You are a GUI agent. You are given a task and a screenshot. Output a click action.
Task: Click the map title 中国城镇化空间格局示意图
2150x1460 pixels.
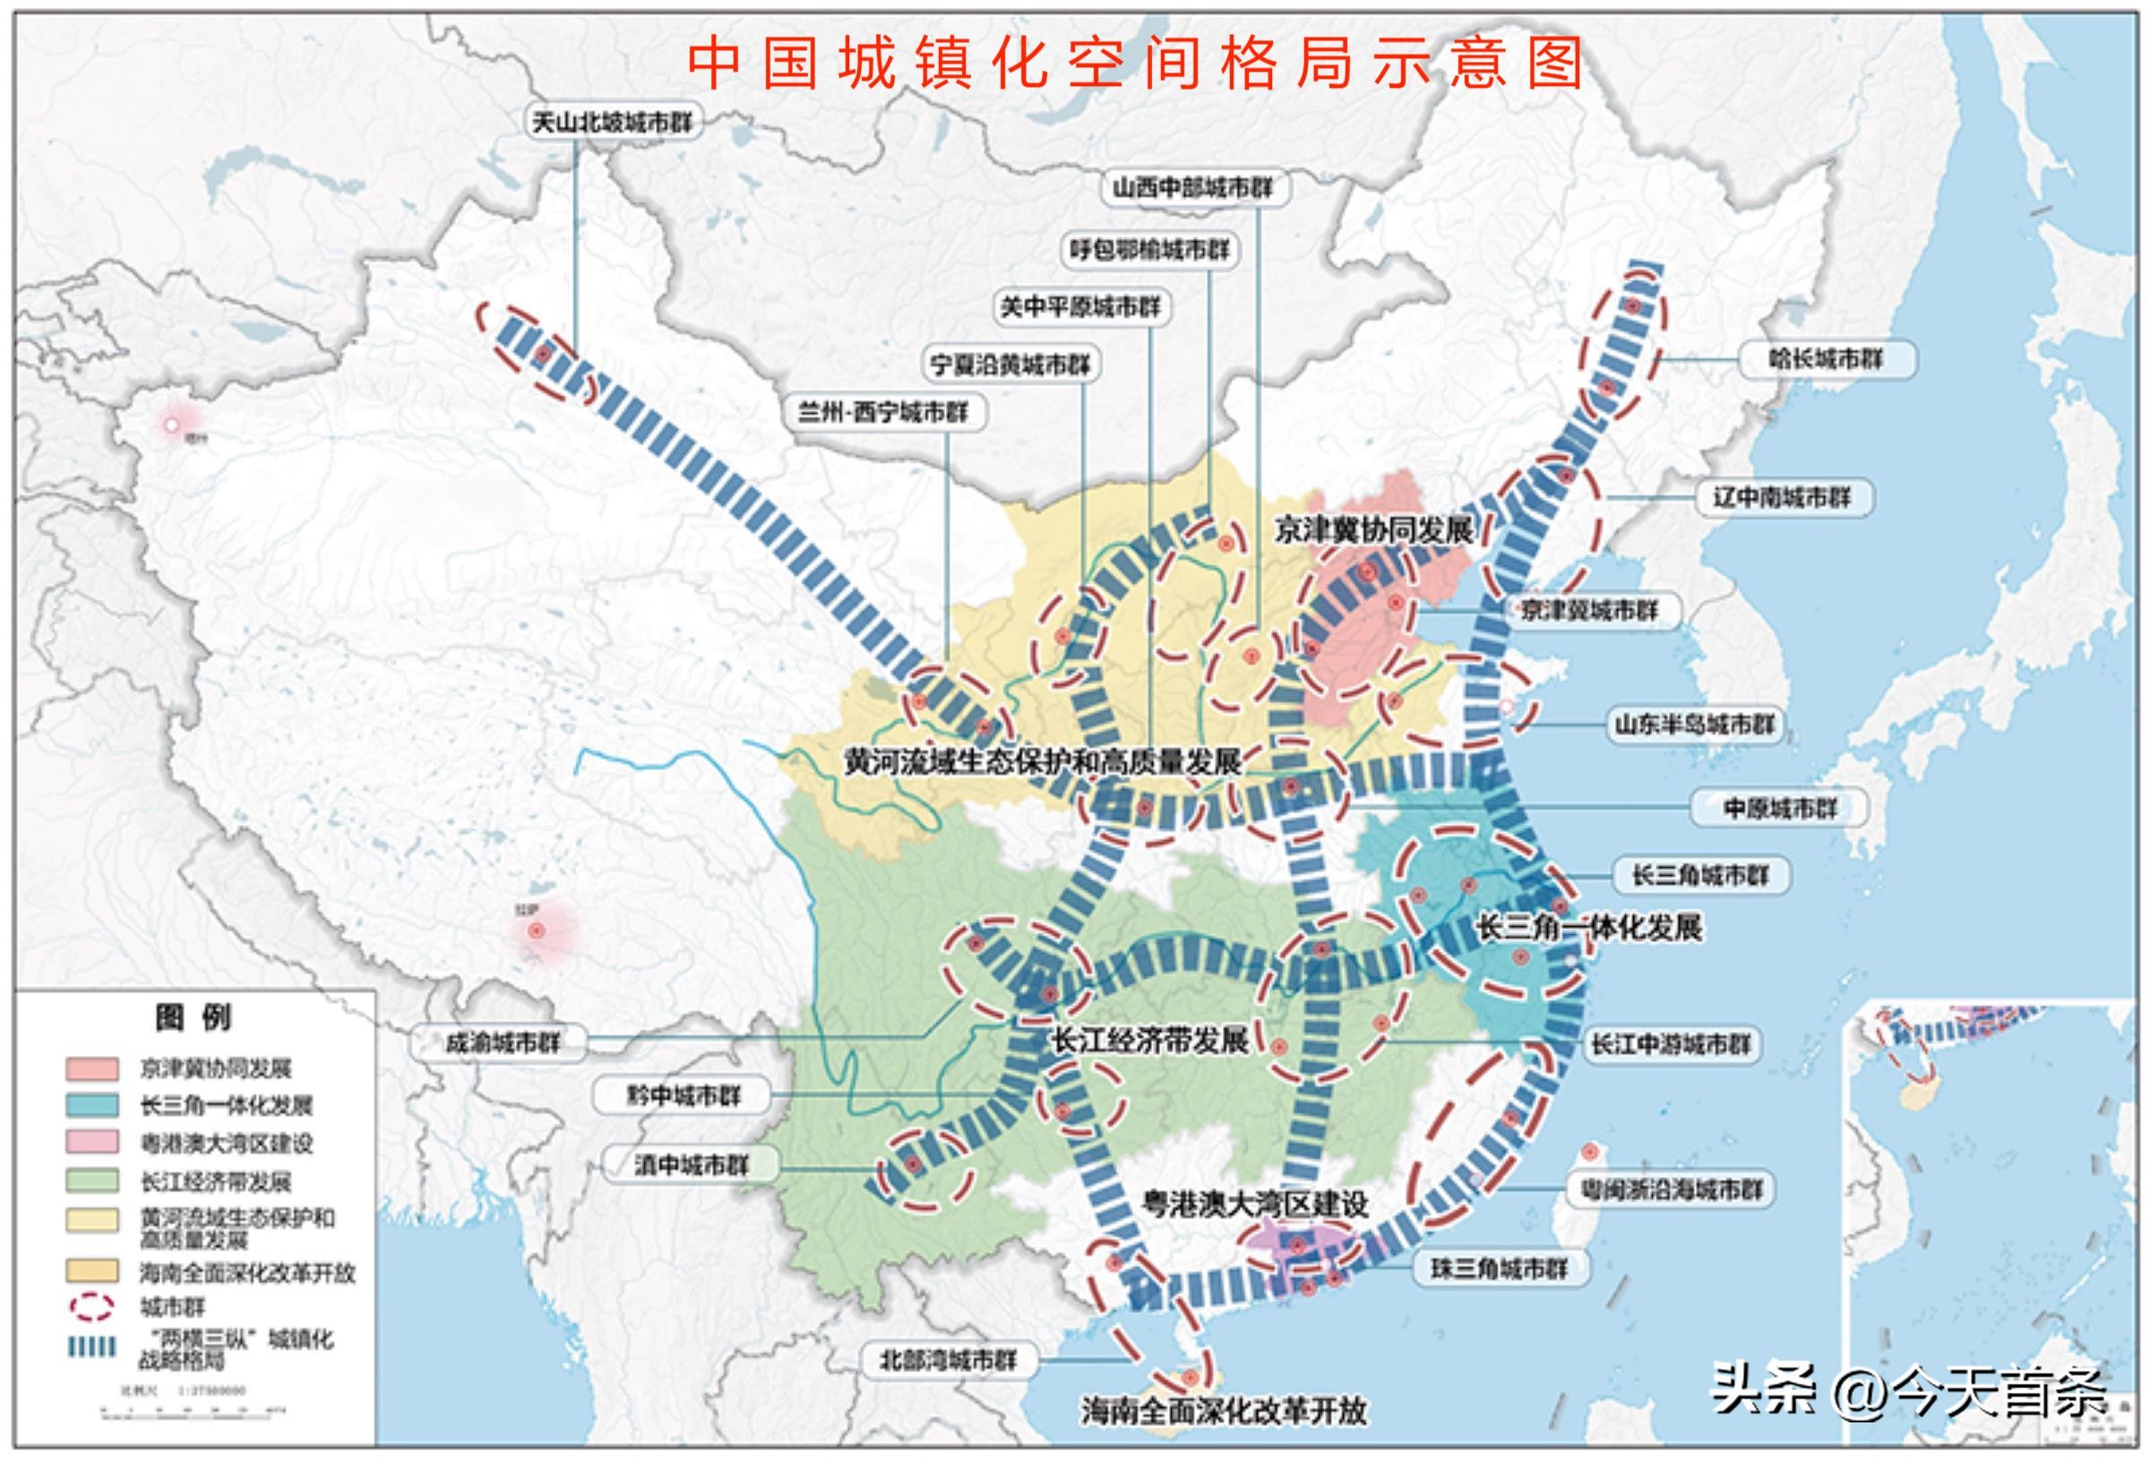[1136, 63]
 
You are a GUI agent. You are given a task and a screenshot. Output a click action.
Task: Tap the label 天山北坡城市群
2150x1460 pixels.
[612, 122]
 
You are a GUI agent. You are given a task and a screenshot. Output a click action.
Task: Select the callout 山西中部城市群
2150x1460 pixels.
[1192, 189]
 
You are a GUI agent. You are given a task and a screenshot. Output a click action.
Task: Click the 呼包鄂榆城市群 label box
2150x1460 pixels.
[1149, 250]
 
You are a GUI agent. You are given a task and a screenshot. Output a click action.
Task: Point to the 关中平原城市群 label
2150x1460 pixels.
[1079, 307]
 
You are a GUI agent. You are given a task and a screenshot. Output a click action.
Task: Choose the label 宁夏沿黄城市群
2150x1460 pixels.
[1010, 365]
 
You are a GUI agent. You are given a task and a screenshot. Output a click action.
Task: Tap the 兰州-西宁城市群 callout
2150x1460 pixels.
[882, 412]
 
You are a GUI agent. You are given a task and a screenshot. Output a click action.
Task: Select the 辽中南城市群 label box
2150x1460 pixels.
[1781, 498]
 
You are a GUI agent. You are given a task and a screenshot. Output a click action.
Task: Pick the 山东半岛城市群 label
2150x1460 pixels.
[1694, 725]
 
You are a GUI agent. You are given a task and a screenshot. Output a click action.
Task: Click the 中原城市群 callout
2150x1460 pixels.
[1779, 809]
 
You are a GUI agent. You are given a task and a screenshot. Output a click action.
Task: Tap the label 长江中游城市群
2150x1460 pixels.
[1670, 1045]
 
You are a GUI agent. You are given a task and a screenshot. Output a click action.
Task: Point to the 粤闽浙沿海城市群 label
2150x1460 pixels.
[1671, 1189]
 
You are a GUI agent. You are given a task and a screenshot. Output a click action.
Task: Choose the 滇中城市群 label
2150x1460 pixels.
[690, 1164]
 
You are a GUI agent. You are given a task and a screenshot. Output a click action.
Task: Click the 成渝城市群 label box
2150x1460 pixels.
[503, 1043]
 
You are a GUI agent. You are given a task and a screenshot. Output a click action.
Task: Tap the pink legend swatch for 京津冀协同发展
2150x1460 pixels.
[91, 1069]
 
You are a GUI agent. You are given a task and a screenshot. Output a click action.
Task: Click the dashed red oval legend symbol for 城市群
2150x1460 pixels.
[91, 1308]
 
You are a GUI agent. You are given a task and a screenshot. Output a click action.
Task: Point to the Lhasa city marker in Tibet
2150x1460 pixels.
[536, 931]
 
